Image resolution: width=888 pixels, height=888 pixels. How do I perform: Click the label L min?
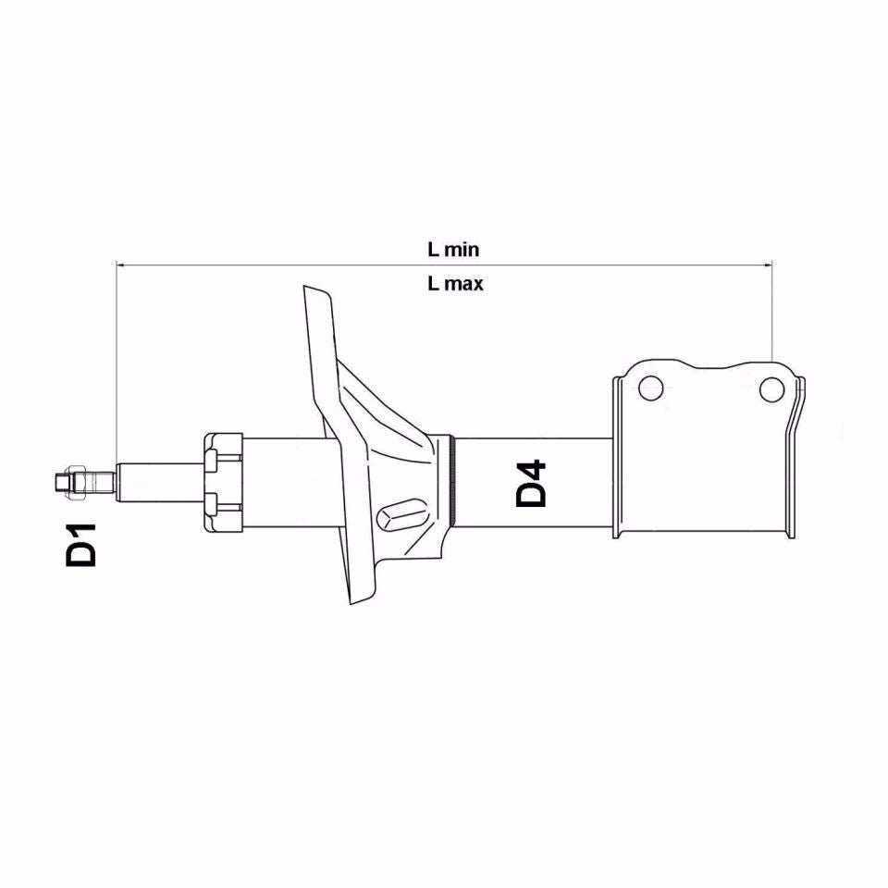pos(452,249)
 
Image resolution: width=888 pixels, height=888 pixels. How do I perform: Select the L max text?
pos(454,285)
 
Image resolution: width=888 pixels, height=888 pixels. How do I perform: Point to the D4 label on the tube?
pos(531,483)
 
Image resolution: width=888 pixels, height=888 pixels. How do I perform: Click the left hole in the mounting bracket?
pos(650,388)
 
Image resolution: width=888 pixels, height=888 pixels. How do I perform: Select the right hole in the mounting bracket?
pos(771,389)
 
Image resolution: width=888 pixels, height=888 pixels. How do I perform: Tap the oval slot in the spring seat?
pos(404,512)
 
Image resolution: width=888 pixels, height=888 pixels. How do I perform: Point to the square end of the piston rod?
pos(60,482)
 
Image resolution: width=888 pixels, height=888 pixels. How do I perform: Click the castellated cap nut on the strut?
pos(223,482)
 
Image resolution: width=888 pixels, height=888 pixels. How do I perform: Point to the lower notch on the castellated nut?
pos(213,504)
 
